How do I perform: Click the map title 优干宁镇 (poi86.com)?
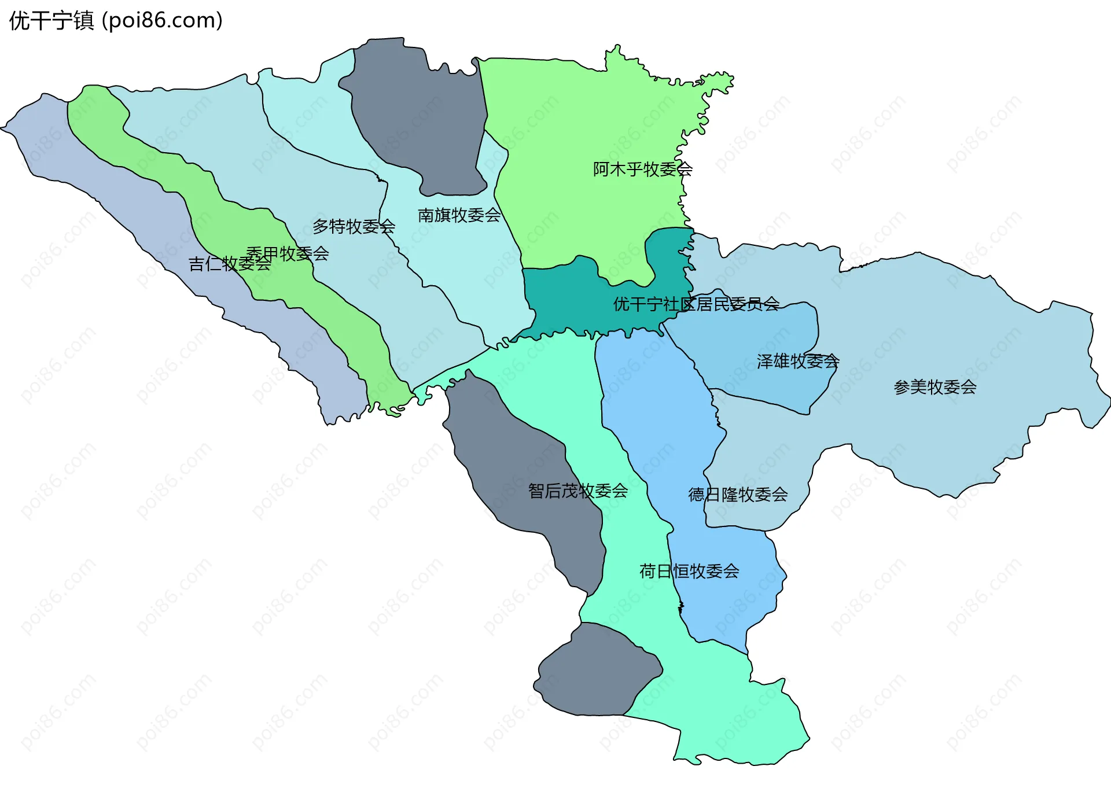[116, 21]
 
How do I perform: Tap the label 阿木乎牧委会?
[642, 170]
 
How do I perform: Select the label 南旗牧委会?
[459, 215]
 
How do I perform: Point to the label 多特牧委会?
[354, 226]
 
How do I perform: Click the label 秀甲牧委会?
[288, 253]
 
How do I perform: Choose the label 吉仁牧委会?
[230, 264]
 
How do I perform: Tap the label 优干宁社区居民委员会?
[696, 304]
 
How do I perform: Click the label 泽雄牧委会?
[797, 362]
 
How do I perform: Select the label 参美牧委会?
[935, 387]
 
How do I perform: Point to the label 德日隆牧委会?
[738, 495]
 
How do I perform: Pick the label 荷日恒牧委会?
[689, 572]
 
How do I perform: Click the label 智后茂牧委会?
[577, 491]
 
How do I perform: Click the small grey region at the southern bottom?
[596, 671]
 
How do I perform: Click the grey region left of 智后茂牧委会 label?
[509, 463]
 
